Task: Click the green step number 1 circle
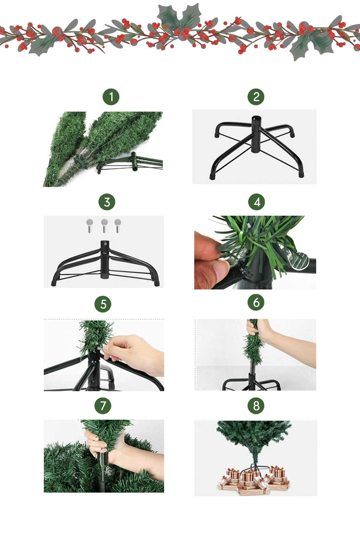point(111,97)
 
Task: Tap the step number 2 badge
point(256,97)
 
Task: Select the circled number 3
point(107,202)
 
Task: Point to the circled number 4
point(256,202)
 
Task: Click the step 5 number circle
point(103,304)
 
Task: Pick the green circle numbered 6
point(256,302)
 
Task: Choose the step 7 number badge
point(103,406)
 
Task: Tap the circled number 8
point(256,406)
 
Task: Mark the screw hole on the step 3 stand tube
point(105,244)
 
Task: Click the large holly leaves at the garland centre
point(179,18)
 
